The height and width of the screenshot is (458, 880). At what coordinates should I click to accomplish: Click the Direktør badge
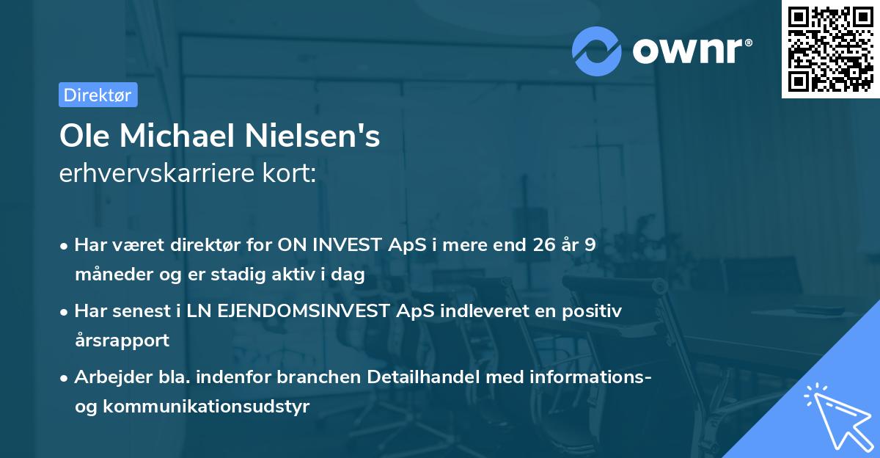pos(98,95)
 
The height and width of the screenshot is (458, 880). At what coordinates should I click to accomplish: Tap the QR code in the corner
pos(831,49)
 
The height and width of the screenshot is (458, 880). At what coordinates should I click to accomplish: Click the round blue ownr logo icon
pos(597,51)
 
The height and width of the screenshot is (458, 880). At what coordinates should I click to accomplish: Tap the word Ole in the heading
pos(84,137)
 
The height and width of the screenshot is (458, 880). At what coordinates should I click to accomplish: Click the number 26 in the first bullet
pos(540,245)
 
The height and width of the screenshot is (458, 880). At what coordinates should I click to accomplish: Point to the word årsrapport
pos(122,341)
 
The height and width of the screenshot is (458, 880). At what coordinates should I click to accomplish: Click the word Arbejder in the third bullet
pos(106,377)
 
